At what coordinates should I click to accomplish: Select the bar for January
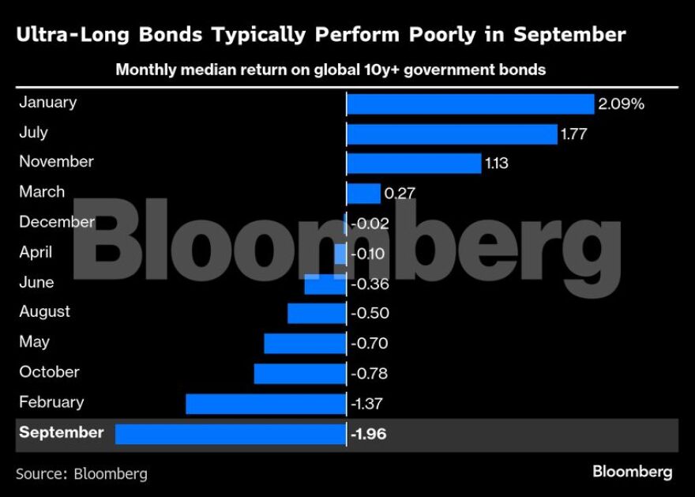tap(470, 104)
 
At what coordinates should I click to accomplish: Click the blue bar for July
tap(452, 134)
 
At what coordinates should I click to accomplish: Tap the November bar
tap(414, 164)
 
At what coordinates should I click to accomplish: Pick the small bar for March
tap(363, 194)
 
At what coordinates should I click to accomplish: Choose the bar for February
tap(265, 404)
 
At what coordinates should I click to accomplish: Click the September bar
tap(231, 434)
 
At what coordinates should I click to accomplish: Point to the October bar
tap(299, 374)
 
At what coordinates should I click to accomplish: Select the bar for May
tap(305, 344)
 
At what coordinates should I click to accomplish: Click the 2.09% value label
tap(622, 104)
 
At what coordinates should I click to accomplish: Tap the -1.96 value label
tap(368, 434)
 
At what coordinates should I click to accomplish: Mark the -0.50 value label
tap(369, 314)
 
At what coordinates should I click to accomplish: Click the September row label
tap(61, 433)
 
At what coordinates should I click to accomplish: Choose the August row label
tap(44, 312)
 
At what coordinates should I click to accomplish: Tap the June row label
tap(36, 282)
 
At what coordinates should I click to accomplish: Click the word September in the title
tap(569, 35)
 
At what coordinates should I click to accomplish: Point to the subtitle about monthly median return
tap(330, 70)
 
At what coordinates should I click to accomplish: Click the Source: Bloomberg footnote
tap(81, 474)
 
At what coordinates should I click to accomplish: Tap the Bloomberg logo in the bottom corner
tap(632, 472)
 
